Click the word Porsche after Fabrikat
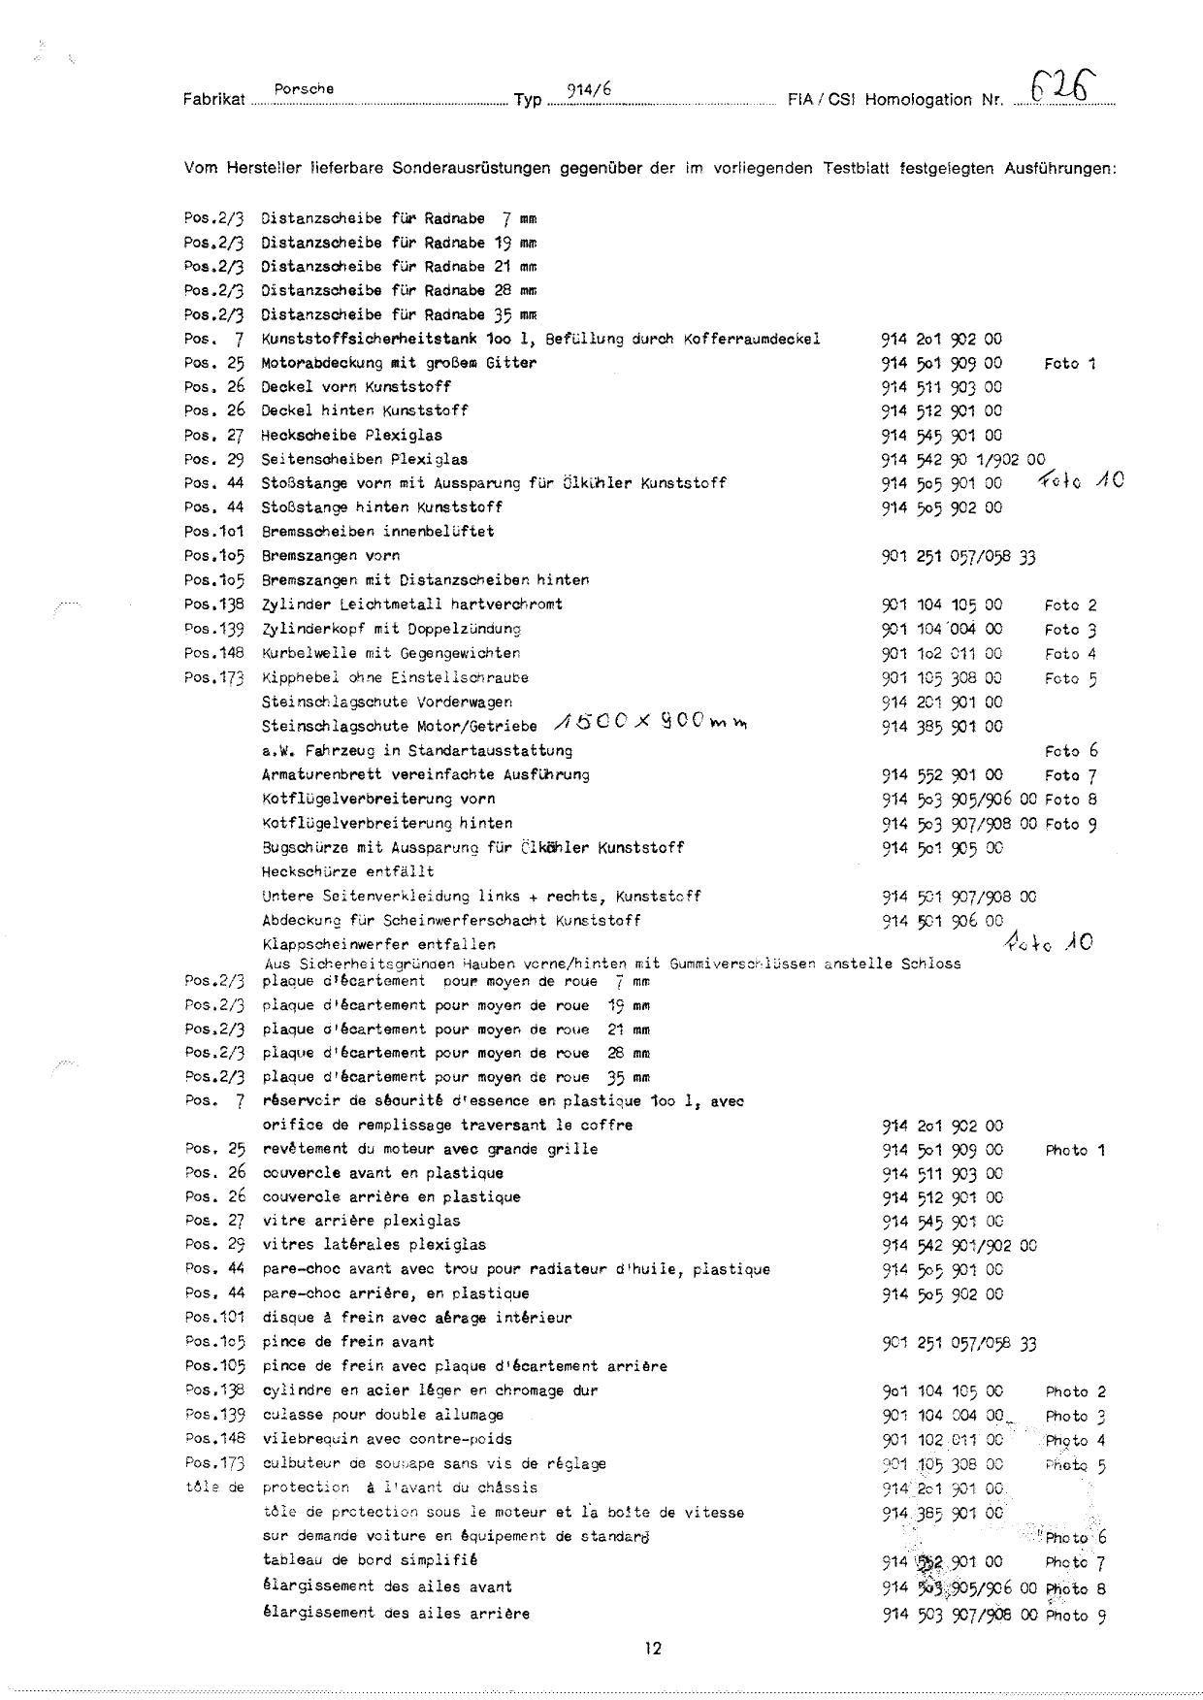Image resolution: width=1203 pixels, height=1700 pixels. tap(304, 89)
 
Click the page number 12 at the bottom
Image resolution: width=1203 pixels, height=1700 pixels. tap(652, 1647)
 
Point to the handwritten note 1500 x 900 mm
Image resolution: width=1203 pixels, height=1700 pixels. tap(651, 724)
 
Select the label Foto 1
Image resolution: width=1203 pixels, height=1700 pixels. tap(1069, 364)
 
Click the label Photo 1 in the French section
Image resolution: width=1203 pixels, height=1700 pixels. tap(1075, 1151)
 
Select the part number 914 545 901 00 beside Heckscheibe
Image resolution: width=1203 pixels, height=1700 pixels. tap(941, 436)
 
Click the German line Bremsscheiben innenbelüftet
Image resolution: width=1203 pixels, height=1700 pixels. tap(377, 532)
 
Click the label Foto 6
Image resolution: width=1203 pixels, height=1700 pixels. tap(1070, 751)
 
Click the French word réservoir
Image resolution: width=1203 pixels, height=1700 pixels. tap(297, 1101)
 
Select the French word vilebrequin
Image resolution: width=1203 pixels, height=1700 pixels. tap(305, 1439)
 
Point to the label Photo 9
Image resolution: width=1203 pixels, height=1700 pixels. tap(1076, 1616)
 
